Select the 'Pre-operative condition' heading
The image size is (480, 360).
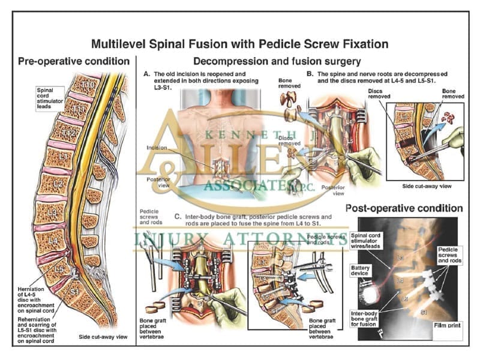[x=74, y=61]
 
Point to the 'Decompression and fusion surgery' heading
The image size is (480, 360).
[x=276, y=61]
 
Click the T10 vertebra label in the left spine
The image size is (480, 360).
[x=89, y=85]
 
